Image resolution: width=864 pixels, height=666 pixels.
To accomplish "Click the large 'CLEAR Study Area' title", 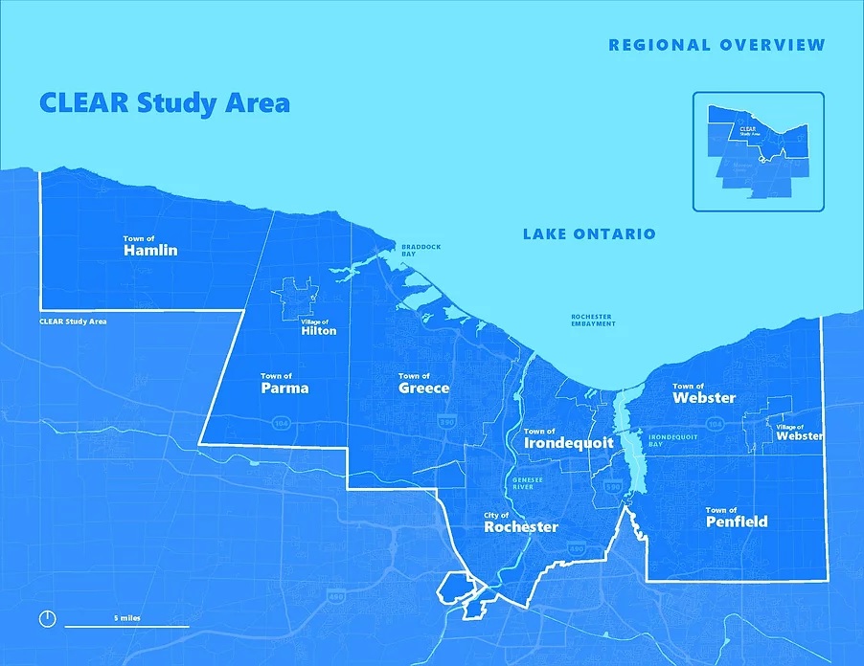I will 164,102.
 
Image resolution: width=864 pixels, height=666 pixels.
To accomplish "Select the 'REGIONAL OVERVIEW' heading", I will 716,45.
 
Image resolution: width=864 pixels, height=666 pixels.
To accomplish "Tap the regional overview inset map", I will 758,151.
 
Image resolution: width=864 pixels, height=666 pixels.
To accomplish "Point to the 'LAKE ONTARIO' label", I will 589,234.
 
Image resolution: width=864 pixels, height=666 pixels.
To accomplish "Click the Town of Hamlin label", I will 150,247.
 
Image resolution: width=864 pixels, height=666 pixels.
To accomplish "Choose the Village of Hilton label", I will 318,327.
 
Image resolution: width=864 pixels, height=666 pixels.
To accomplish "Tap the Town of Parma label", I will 284,385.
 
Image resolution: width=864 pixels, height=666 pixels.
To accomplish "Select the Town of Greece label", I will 423,385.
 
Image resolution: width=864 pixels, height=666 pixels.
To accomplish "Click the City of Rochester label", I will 520,522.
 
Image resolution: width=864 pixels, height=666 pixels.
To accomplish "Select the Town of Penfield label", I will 736,518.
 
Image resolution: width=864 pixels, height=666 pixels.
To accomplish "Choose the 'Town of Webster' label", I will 703,393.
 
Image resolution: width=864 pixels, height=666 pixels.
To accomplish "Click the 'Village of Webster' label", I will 798,432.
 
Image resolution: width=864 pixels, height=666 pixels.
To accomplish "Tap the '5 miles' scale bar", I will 126,623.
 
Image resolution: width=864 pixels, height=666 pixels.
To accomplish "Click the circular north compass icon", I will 47,618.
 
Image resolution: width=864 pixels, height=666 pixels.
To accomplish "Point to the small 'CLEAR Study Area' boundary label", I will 73,322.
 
